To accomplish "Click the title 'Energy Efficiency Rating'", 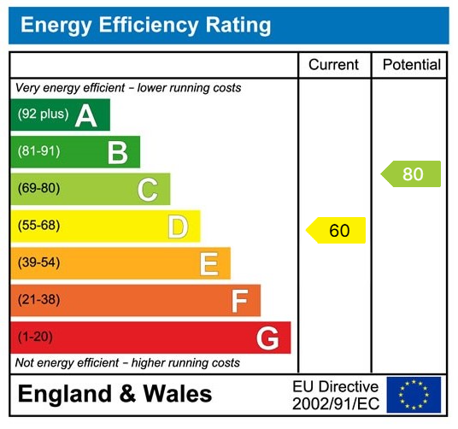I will pyautogui.click(x=146, y=26).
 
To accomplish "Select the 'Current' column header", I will pyautogui.click(x=333, y=65).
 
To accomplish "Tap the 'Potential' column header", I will pyautogui.click(x=411, y=65).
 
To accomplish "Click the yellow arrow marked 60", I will pyautogui.click(x=337, y=231).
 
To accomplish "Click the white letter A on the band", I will pyautogui.click(x=85, y=115).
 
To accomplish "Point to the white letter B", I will pyautogui.click(x=117, y=153).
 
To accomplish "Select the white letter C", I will pyautogui.click(x=147, y=190).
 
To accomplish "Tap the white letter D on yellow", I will pyautogui.click(x=178, y=227).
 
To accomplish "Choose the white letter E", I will pyautogui.click(x=208, y=264).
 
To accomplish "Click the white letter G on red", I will pyautogui.click(x=267, y=339).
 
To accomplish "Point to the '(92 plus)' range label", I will pyautogui.click(x=43, y=115).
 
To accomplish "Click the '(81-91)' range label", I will pyautogui.click(x=38, y=152).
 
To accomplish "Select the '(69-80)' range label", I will pyautogui.click(x=38, y=189).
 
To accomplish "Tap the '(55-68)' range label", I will pyautogui.click(x=38, y=226).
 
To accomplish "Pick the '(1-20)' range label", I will pyautogui.click(x=35, y=337).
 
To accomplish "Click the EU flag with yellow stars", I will pyautogui.click(x=414, y=395).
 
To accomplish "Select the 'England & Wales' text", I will pyautogui.click(x=114, y=394).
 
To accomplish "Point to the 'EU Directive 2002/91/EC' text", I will pyautogui.click(x=335, y=395).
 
